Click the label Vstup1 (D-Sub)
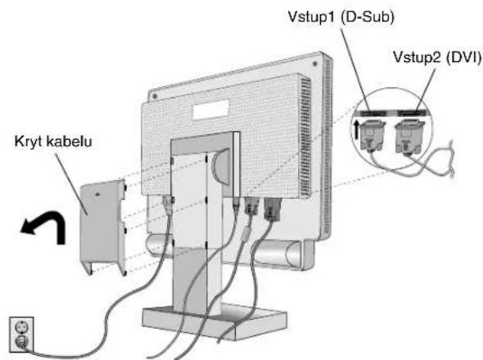tap(341, 16)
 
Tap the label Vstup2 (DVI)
tap(437, 57)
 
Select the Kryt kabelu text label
tap(53, 142)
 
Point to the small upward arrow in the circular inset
tap(356, 129)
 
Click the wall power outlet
tap(21, 334)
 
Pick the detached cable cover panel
tap(103, 227)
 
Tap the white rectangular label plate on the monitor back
tap(211, 109)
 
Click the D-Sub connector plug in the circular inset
tap(373, 135)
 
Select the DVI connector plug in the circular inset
tap(409, 136)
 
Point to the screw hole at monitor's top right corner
tap(315, 64)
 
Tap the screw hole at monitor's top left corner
tap(155, 96)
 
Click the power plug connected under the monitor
tap(168, 205)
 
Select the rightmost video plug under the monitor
tap(273, 209)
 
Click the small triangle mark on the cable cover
tap(97, 194)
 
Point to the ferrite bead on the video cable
tap(246, 233)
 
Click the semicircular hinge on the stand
tap(220, 167)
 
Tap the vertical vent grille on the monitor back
tap(306, 137)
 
